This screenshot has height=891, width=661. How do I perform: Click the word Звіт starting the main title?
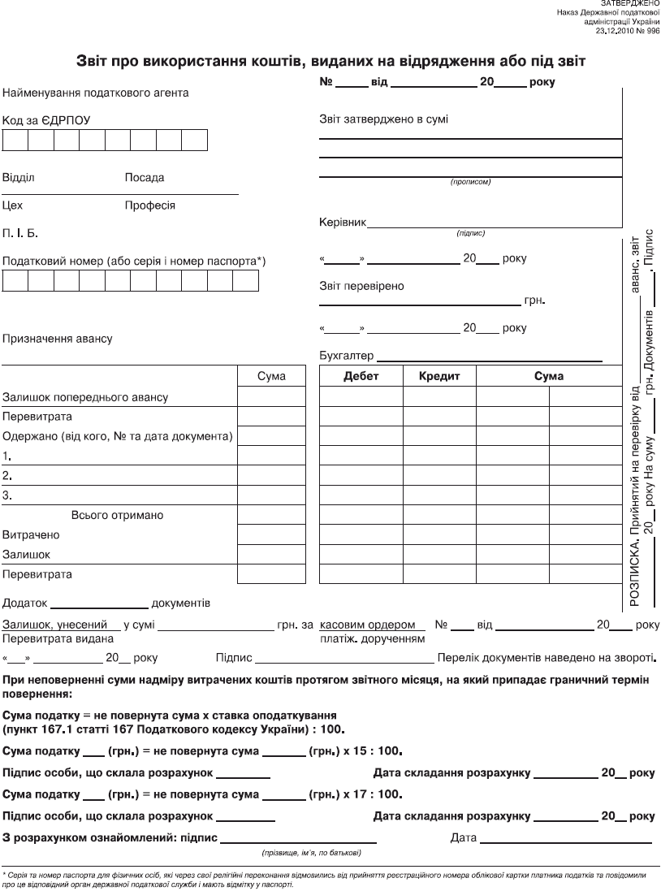pyautogui.click(x=96, y=61)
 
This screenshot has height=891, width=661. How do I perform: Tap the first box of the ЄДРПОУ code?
pyautogui.click(x=15, y=141)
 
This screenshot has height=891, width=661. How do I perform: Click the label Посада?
pyautogui.click(x=144, y=177)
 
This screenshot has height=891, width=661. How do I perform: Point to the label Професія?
pyautogui.click(x=149, y=205)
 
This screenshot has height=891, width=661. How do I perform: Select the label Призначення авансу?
pyautogui.click(x=58, y=338)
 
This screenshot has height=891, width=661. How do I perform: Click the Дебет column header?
pyautogui.click(x=361, y=376)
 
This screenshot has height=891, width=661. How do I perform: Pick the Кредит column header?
pyautogui.click(x=439, y=376)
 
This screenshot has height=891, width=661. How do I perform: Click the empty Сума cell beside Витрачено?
pyautogui.click(x=261, y=535)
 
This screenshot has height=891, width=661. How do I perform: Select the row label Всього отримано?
pyautogui.click(x=118, y=515)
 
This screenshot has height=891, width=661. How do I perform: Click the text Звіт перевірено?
pyautogui.click(x=361, y=286)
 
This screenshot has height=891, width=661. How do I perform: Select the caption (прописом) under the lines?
pyautogui.click(x=470, y=182)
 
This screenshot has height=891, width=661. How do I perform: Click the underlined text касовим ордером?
pyautogui.click(x=373, y=625)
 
